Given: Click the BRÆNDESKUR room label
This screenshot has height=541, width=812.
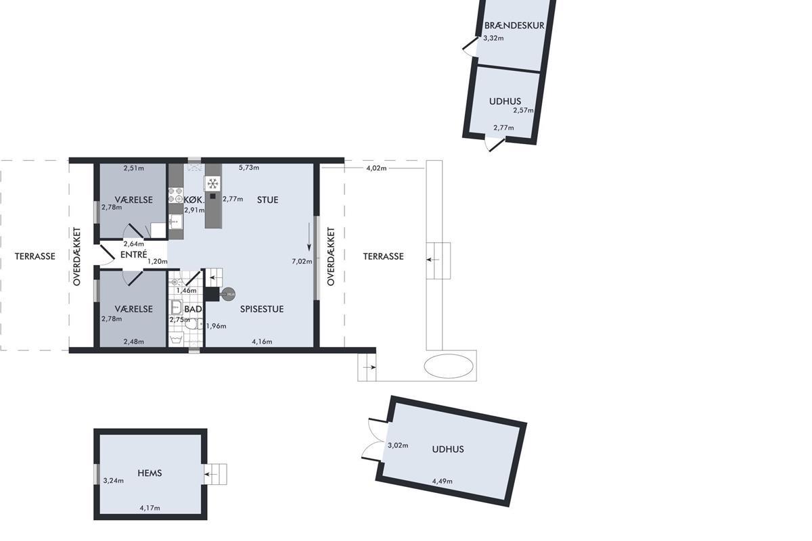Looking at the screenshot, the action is (x=514, y=26).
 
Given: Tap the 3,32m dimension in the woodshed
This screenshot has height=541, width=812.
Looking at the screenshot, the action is (x=493, y=38).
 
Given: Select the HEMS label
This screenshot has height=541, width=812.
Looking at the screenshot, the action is (x=150, y=473).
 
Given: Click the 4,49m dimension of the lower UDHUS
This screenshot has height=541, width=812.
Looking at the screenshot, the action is (x=443, y=481).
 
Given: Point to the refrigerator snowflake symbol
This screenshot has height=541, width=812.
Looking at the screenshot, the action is (x=212, y=183).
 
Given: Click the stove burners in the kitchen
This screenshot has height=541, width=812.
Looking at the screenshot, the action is (x=176, y=195).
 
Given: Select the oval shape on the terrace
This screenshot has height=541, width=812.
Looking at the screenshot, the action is (x=449, y=366).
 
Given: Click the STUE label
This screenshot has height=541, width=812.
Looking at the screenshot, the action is (x=267, y=199).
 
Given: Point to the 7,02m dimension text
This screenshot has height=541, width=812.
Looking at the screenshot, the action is (x=302, y=261).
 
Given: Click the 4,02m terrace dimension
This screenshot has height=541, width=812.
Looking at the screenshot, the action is (x=376, y=168).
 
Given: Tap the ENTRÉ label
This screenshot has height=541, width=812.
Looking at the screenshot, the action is (x=134, y=255).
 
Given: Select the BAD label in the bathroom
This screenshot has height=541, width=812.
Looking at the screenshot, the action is (x=193, y=309).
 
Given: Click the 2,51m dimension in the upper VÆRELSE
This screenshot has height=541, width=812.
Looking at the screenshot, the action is (x=134, y=168).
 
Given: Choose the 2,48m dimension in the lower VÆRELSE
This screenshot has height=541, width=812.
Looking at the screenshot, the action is (x=134, y=342).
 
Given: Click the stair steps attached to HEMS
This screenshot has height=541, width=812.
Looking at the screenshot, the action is (x=215, y=474).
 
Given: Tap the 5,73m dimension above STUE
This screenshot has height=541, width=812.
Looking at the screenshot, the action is (x=249, y=168).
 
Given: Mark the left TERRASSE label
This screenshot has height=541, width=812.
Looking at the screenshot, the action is (x=35, y=256).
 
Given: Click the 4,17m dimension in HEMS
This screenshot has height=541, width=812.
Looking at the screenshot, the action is (x=150, y=508).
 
